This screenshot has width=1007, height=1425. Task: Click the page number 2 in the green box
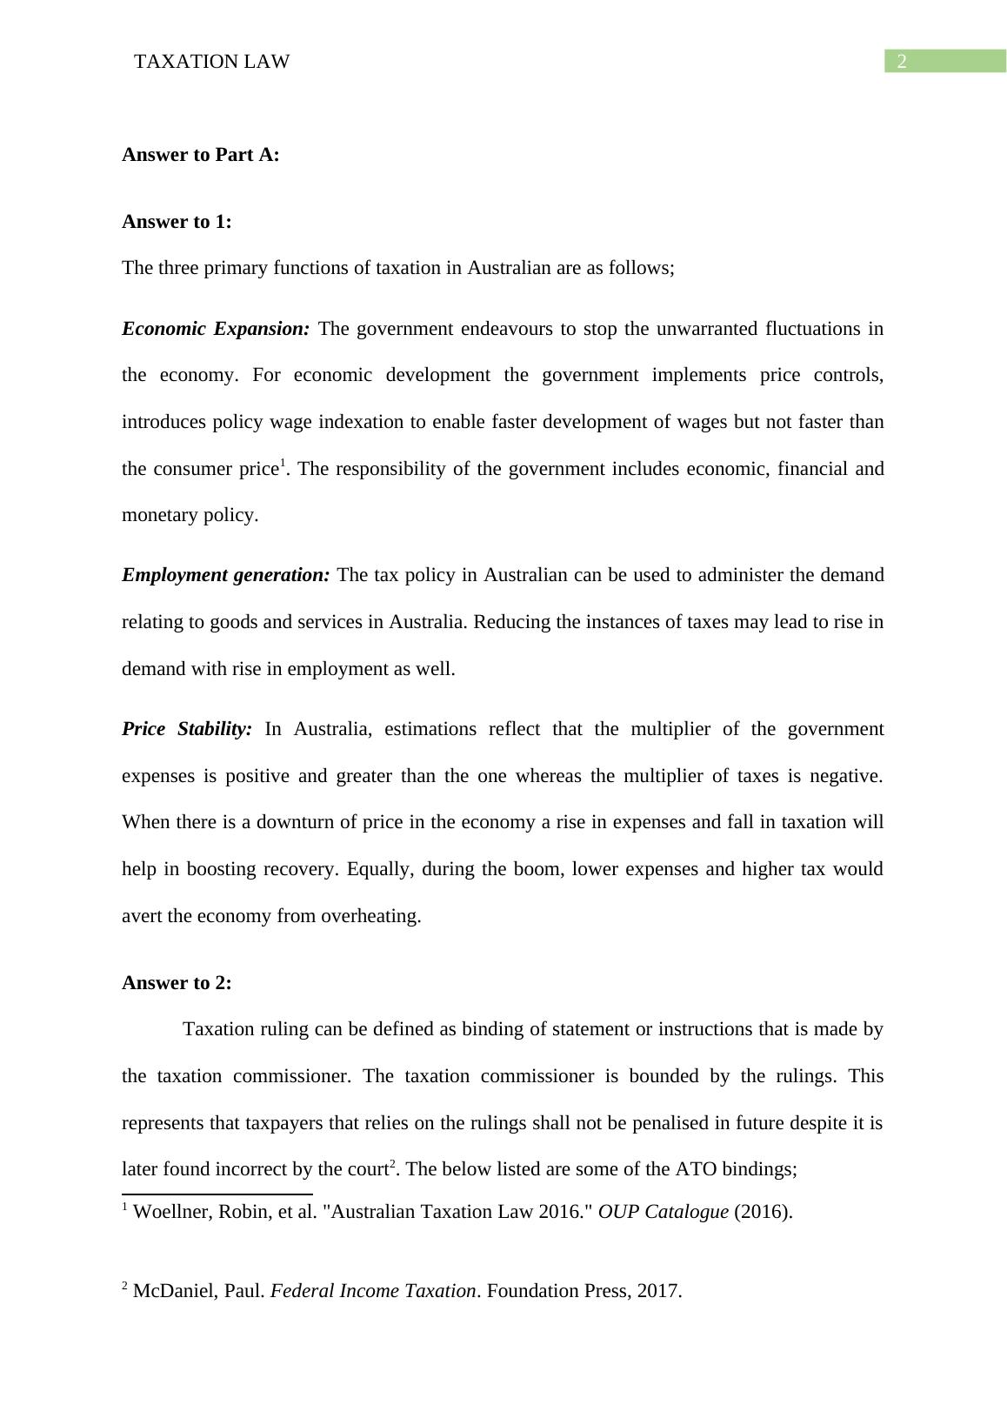click(902, 61)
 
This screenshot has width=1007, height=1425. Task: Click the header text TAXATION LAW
click(212, 62)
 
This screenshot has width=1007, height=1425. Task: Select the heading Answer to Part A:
click(201, 155)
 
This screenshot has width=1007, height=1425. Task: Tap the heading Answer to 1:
click(177, 222)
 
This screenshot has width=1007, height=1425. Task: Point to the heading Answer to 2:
click(177, 983)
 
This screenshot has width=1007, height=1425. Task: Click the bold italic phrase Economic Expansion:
click(216, 329)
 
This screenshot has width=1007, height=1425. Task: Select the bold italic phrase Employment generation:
click(225, 575)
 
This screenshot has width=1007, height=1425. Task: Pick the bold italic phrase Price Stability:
click(187, 729)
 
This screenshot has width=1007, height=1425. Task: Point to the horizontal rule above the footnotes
click(217, 1194)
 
